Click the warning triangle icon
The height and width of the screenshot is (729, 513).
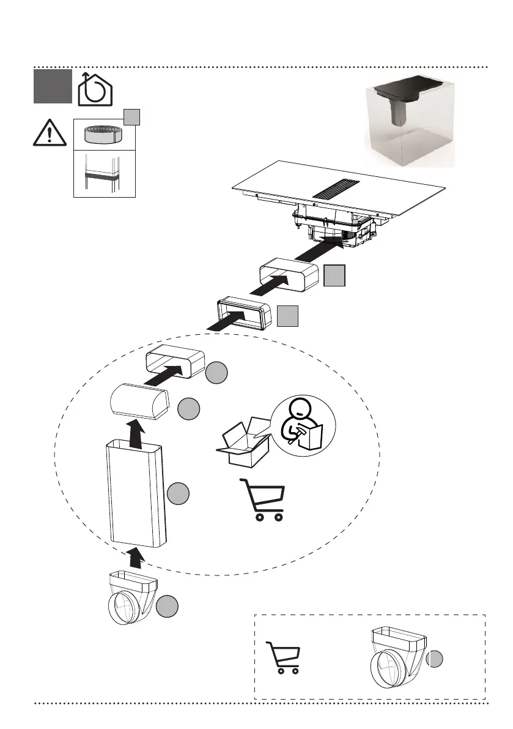pos(50,133)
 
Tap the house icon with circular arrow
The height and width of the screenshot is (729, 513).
pos(96,89)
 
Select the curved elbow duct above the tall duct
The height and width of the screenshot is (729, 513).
pos(139,401)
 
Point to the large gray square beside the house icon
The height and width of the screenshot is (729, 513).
pos(52,87)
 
